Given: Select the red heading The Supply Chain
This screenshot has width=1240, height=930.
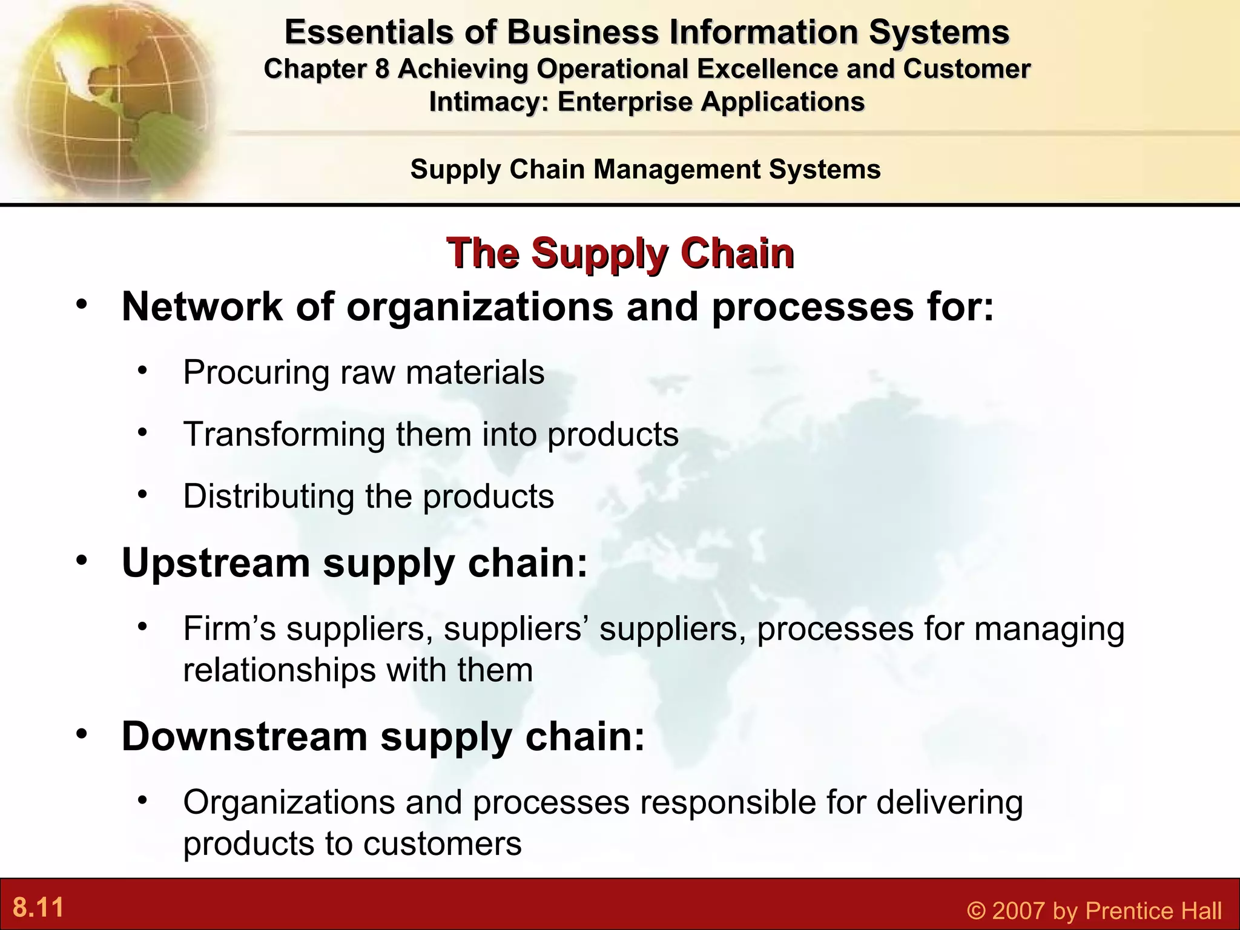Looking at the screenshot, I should tap(620, 253).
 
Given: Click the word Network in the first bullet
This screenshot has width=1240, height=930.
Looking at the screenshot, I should tap(202, 307).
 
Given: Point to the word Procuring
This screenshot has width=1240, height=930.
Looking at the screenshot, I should tap(256, 372).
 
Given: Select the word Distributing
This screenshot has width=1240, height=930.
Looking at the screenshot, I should tap(268, 496).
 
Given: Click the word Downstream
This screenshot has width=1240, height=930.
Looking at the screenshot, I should tap(245, 737).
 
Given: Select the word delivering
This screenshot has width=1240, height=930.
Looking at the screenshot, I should tap(949, 803).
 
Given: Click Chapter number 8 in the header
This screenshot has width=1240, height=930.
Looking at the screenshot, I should tap(381, 69).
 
